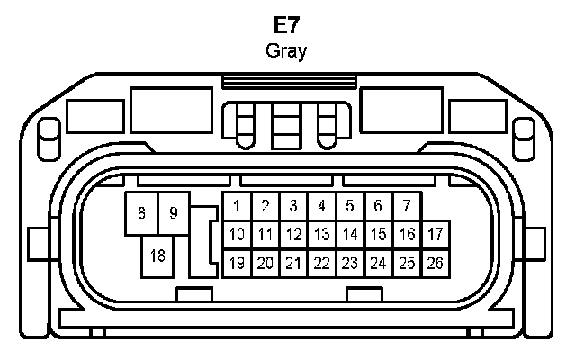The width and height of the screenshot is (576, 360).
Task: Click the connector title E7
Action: tap(286, 24)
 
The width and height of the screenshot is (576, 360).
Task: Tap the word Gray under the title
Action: tap(286, 50)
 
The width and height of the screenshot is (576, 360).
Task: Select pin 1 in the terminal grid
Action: tap(236, 207)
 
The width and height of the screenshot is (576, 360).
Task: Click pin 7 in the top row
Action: tap(407, 207)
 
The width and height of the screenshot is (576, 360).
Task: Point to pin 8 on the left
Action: tap(141, 214)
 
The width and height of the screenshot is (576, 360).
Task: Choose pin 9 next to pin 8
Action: tap(174, 214)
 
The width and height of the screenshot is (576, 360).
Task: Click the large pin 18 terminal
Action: tap(157, 256)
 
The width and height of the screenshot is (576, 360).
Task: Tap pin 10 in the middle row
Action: tap(237, 235)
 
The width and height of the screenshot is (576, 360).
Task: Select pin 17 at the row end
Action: tap(436, 235)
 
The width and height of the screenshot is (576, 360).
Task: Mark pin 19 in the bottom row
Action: tap(237, 264)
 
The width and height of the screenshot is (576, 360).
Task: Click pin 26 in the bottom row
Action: tap(436, 264)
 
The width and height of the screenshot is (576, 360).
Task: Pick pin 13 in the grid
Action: tap(321, 235)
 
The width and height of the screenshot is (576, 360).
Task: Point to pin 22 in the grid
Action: tap(321, 264)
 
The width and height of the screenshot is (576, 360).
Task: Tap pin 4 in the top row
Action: tap(321, 207)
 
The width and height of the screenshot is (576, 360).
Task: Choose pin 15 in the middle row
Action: tap(378, 235)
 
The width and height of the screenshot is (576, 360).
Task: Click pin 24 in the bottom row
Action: tap(378, 264)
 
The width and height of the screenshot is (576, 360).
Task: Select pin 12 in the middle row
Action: tap(293, 235)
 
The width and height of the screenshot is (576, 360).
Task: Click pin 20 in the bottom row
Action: tap(265, 264)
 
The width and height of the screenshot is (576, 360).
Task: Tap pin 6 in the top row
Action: tap(378, 207)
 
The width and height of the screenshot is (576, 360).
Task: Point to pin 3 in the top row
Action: tap(293, 207)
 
